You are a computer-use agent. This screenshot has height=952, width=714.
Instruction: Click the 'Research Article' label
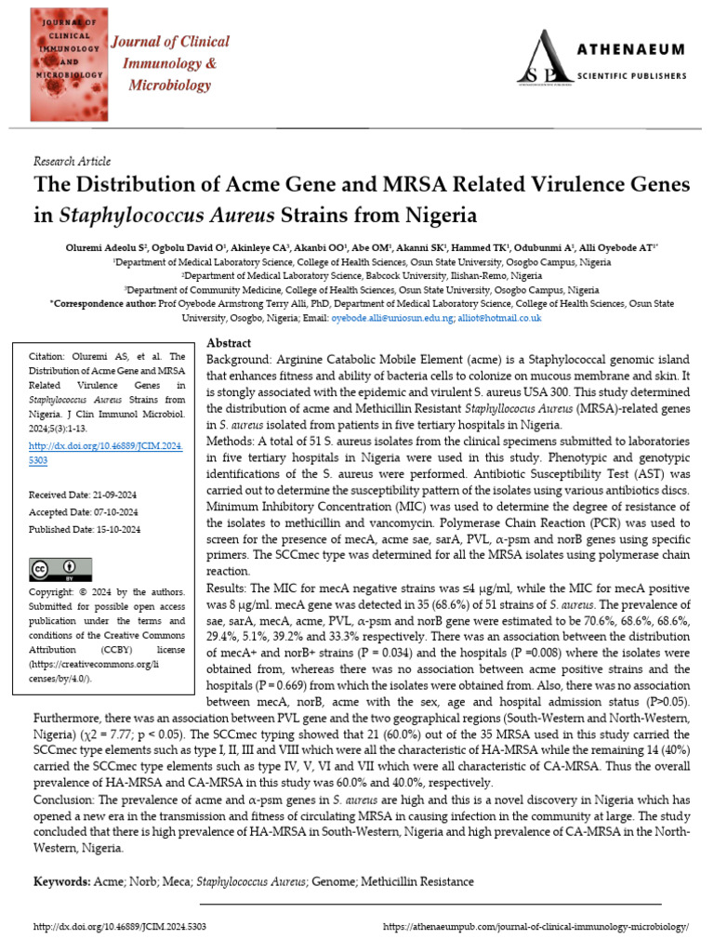[71, 162]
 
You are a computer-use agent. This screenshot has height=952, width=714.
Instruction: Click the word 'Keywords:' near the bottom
[61, 881]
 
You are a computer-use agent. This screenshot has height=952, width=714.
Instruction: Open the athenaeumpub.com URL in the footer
[535, 928]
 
